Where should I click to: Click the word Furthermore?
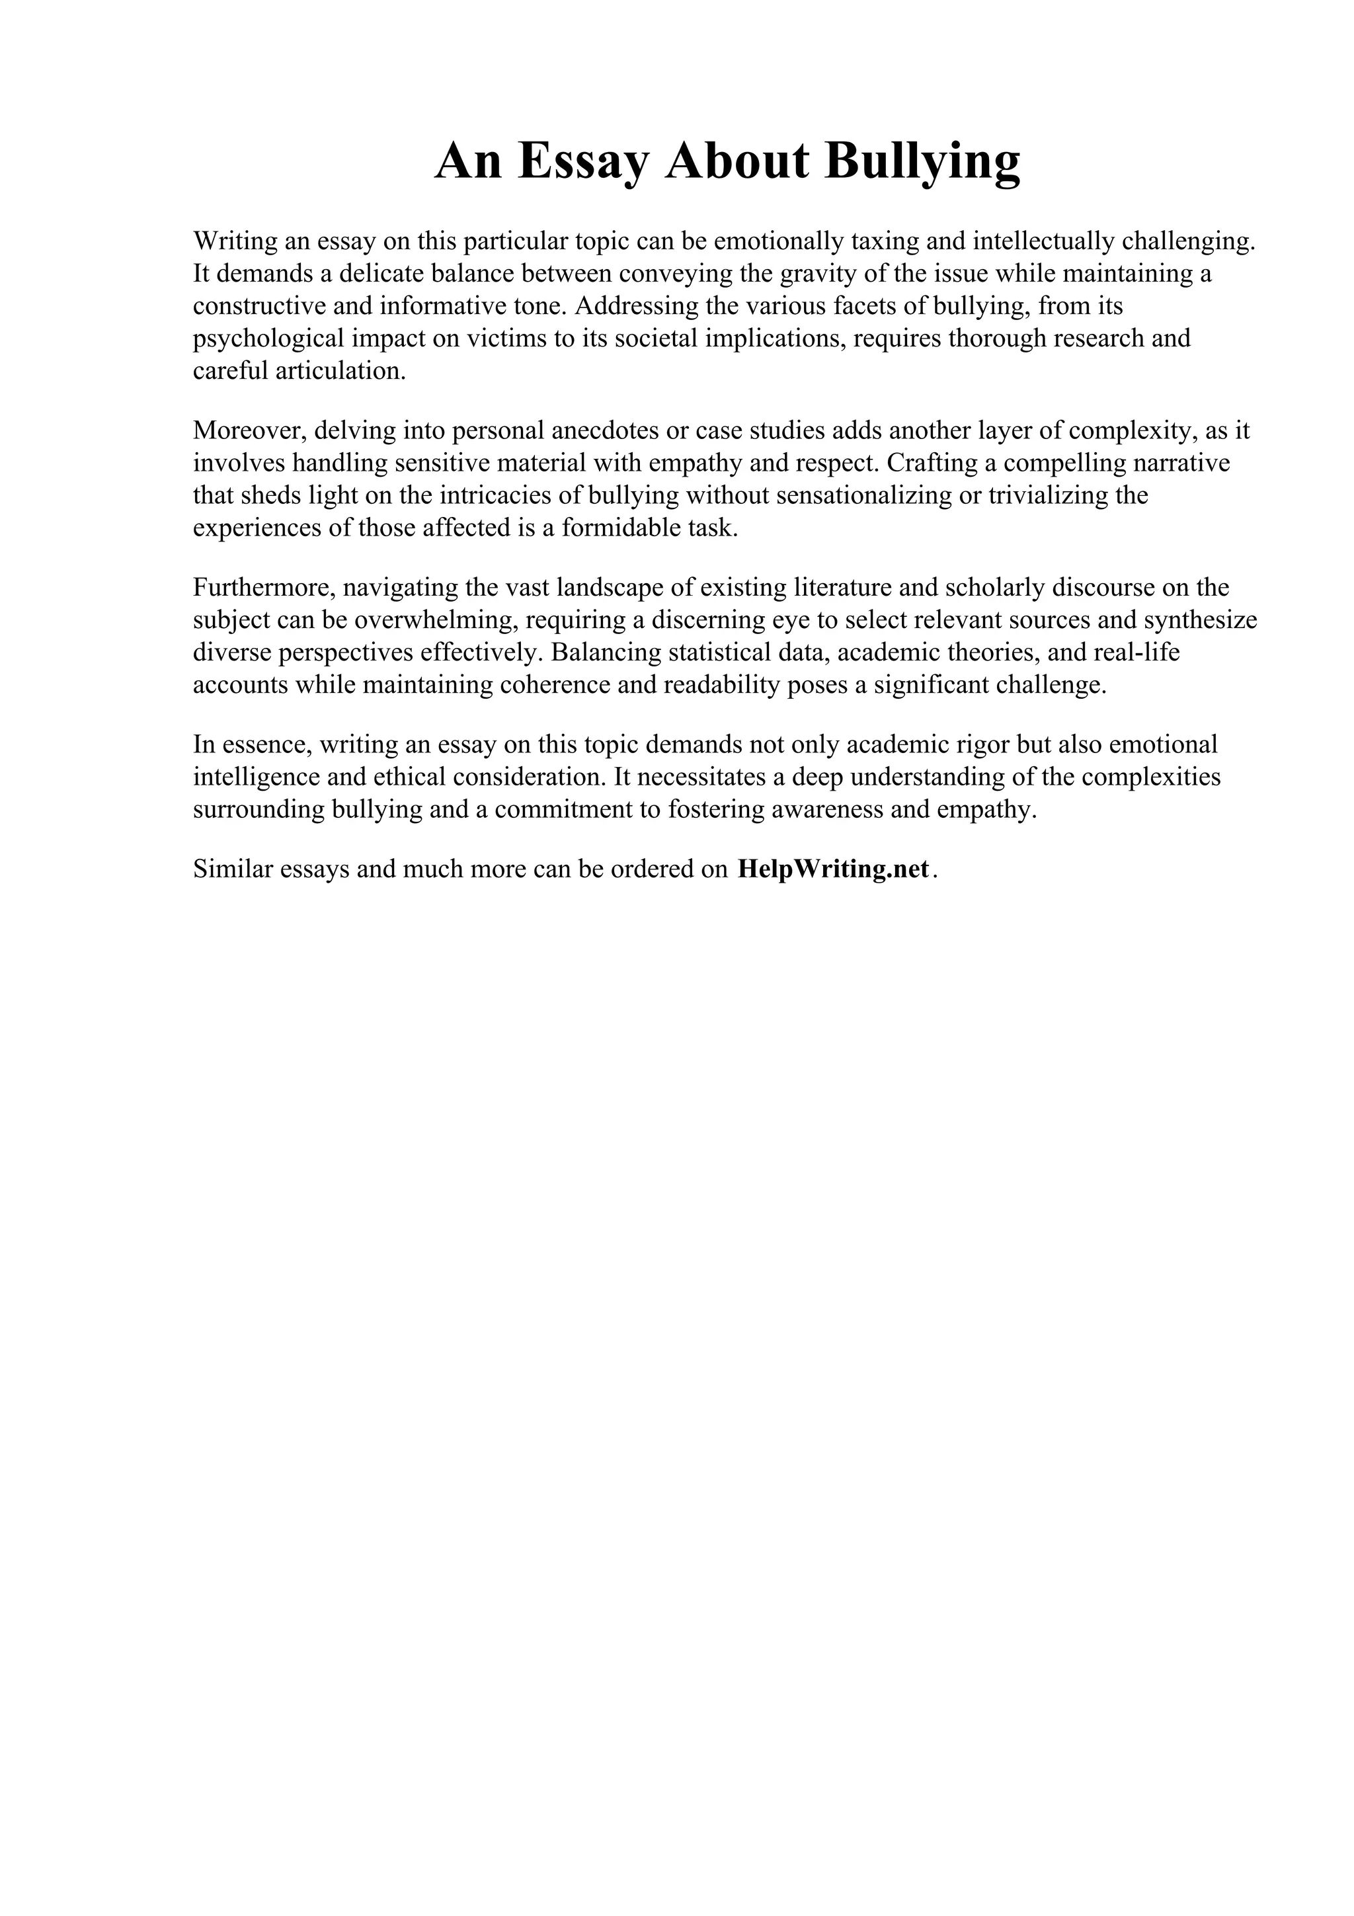click(x=264, y=588)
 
